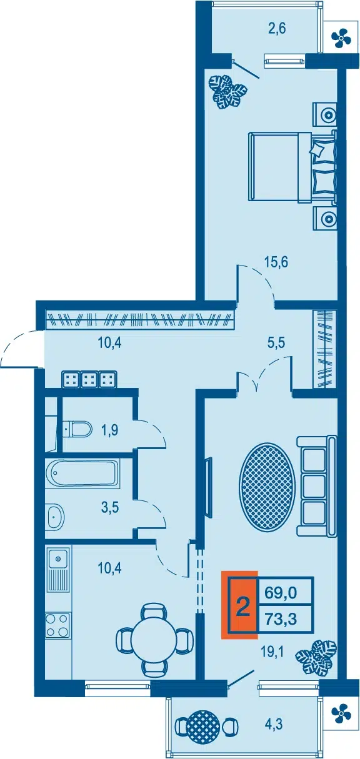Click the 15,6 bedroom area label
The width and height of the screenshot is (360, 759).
tap(276, 262)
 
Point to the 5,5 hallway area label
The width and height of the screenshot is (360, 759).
tap(276, 343)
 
